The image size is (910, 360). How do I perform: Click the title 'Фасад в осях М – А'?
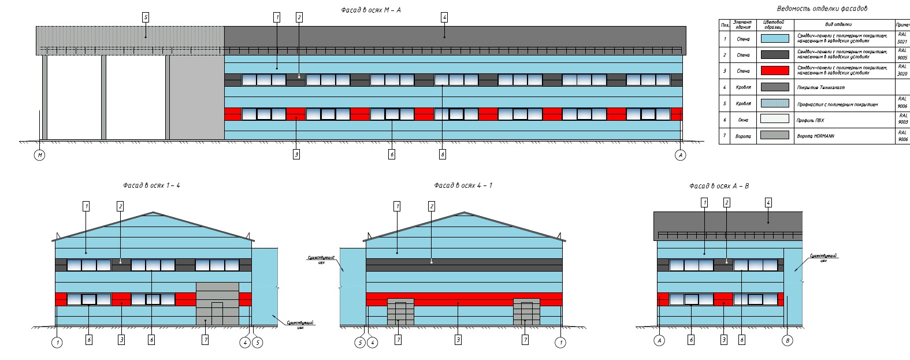371,10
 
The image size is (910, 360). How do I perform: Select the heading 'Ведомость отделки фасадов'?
822,9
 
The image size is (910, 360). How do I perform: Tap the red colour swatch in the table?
775,70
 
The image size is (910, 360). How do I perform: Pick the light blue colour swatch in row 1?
775,39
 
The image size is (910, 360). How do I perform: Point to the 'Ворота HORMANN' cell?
815,136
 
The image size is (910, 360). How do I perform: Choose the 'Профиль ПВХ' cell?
811,120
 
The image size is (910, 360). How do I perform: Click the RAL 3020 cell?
902,70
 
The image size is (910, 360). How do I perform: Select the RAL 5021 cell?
902,38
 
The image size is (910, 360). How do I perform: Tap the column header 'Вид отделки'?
838,25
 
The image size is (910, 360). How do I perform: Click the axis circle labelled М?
39,155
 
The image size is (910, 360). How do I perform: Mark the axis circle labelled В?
787,340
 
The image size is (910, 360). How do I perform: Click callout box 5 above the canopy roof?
146,17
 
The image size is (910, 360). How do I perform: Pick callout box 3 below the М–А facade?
296,154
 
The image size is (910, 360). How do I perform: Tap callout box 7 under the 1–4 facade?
205,340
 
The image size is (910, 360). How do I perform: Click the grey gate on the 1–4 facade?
217,303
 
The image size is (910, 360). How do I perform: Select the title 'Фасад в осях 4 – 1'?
463,185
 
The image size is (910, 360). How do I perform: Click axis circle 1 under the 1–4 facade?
57,343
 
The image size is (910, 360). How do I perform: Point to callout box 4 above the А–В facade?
768,203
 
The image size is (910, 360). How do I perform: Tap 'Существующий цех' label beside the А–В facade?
823,258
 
